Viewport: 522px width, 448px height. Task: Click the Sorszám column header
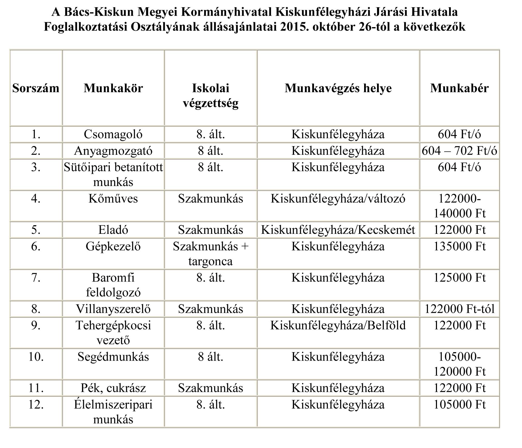coord(36,88)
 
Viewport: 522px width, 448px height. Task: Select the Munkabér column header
coord(459,88)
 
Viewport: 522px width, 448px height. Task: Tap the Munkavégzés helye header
coord(338,88)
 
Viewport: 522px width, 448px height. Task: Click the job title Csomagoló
coord(113,134)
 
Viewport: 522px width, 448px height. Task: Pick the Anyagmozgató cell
coord(113,151)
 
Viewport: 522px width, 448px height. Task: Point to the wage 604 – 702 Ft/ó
coord(459,151)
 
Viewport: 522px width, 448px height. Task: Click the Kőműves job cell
coord(113,199)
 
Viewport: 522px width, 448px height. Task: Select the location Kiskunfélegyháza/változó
coord(338,199)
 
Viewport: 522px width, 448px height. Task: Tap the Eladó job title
coord(113,230)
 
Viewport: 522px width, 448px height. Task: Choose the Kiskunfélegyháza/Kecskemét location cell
coord(338,230)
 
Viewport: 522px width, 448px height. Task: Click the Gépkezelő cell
coord(113,246)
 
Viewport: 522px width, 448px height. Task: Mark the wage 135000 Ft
coord(459,246)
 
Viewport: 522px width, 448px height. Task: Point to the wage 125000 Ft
coord(459,278)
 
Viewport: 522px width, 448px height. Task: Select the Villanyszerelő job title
coord(113,309)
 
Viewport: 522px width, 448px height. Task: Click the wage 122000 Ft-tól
coord(459,309)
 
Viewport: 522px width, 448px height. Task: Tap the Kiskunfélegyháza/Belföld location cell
coord(338,326)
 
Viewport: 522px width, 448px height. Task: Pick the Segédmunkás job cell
coord(113,357)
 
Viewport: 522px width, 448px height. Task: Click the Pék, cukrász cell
coord(113,388)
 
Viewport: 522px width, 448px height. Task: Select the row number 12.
coord(36,405)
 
